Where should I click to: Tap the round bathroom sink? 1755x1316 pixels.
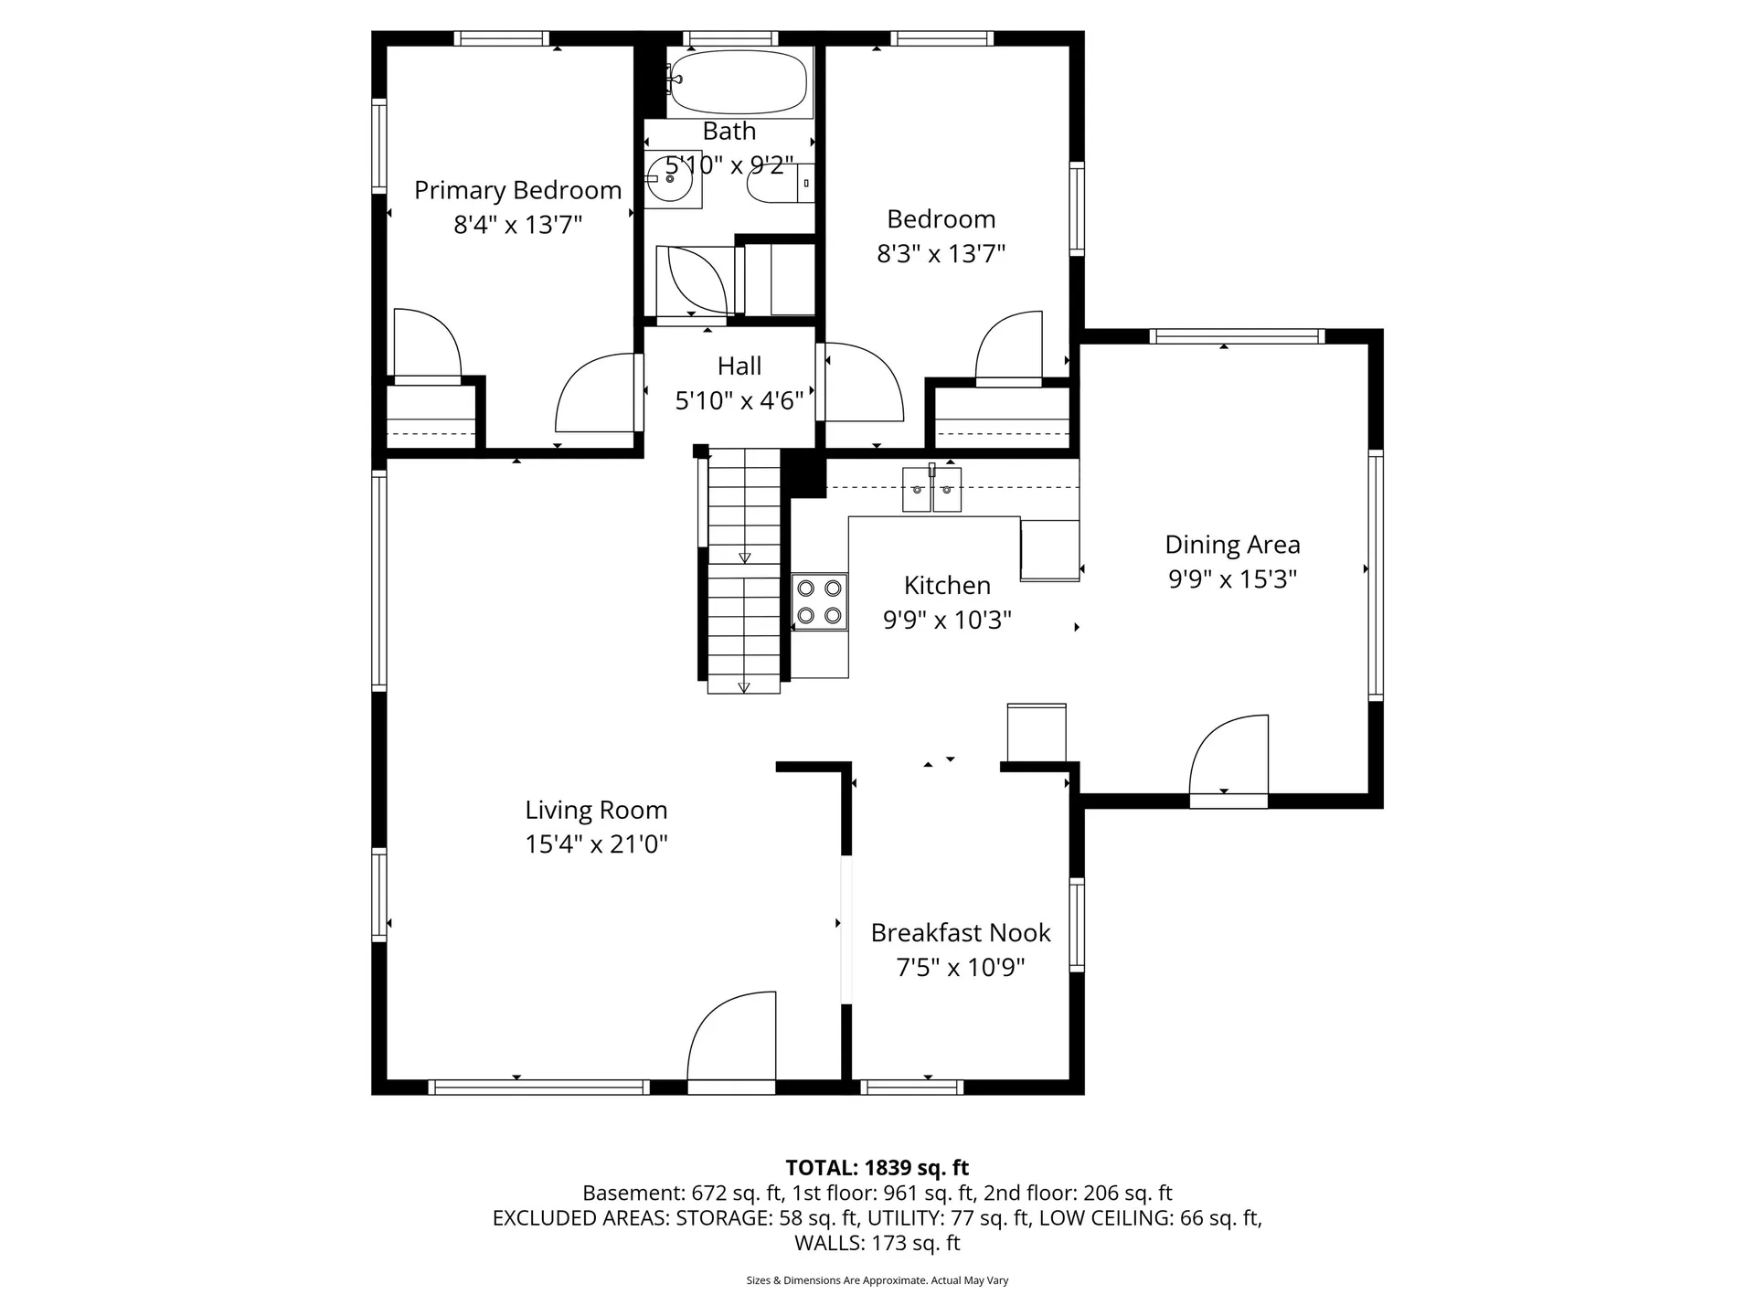pyautogui.click(x=673, y=180)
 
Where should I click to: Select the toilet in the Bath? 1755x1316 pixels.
pyautogui.click(x=781, y=184)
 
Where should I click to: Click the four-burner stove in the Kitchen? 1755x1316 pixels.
pyautogui.click(x=820, y=601)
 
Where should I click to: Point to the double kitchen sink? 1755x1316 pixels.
pyautogui.click(x=932, y=489)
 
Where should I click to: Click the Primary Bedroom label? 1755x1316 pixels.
pyautogui.click(x=518, y=190)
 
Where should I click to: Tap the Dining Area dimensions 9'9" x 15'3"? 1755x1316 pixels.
pyautogui.click(x=1233, y=579)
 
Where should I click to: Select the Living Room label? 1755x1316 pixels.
pyautogui.click(x=596, y=810)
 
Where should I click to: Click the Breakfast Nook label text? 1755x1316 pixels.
pyautogui.click(x=961, y=932)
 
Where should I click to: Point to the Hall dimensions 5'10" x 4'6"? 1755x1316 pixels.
pyautogui.click(x=739, y=400)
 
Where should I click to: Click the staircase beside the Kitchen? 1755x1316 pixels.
pyautogui.click(x=744, y=570)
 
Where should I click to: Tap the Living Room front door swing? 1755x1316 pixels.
pyautogui.click(x=731, y=1041)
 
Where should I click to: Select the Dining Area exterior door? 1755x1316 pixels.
pyautogui.click(x=1228, y=760)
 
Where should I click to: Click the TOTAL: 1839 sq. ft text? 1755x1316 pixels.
pyautogui.click(x=877, y=1167)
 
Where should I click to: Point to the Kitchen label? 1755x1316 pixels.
pyautogui.click(x=947, y=585)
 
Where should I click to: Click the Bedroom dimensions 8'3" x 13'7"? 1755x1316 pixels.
pyautogui.click(x=941, y=253)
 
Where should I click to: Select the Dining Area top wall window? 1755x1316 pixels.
pyautogui.click(x=1237, y=336)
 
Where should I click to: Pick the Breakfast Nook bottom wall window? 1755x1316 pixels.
pyautogui.click(x=912, y=1087)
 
